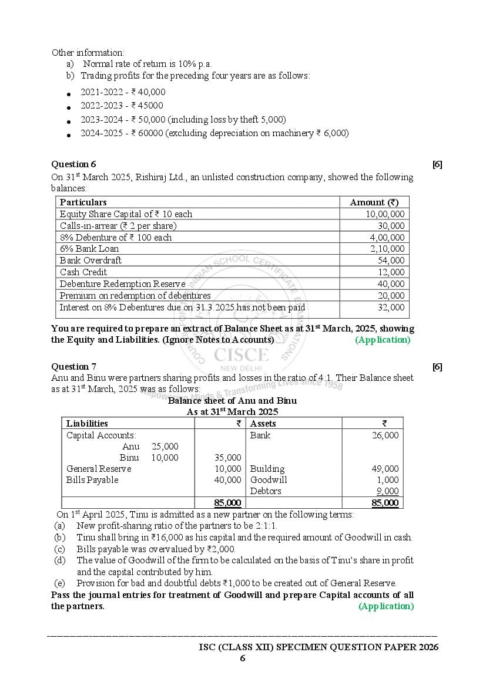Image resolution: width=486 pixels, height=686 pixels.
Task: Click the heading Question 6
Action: (x=73, y=164)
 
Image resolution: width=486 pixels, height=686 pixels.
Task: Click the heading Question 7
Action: (x=73, y=367)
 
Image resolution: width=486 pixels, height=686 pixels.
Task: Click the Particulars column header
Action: (x=83, y=202)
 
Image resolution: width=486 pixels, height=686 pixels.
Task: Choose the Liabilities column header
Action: (x=87, y=424)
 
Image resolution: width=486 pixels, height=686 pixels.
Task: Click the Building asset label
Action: (x=267, y=469)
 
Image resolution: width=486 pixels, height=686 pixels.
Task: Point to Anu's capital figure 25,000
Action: (x=165, y=447)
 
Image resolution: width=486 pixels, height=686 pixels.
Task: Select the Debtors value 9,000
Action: (x=387, y=491)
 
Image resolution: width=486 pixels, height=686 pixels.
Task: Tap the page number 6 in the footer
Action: (x=242, y=658)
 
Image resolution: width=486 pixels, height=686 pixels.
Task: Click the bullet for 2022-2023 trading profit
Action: (x=69, y=107)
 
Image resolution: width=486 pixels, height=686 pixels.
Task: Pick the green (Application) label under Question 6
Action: (x=383, y=340)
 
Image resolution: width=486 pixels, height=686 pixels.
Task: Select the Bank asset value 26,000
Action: (x=385, y=435)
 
